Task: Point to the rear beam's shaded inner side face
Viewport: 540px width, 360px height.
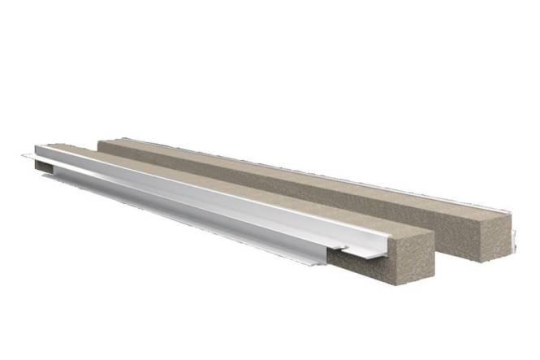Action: pos(325,203)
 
